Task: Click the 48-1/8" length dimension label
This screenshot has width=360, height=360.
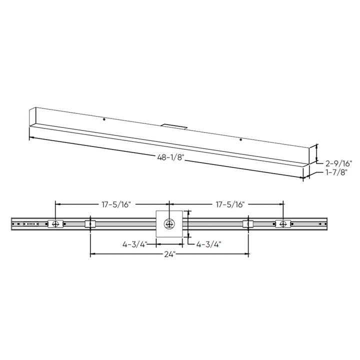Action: point(170,157)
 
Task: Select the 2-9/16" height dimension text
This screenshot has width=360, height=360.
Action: point(339,163)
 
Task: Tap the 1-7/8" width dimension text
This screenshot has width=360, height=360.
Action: point(336,172)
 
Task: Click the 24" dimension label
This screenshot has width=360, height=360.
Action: point(169,254)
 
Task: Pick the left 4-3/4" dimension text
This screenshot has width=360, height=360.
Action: point(134,244)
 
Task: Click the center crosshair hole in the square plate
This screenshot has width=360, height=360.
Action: point(169,223)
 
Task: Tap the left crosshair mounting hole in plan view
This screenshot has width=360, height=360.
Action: point(55,223)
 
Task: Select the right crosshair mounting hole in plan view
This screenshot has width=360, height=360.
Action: point(283,223)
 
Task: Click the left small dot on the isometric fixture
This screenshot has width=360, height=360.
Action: point(103,119)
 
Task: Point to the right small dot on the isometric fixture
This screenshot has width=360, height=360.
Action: point(240,139)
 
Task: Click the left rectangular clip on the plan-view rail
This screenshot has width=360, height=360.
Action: point(90,223)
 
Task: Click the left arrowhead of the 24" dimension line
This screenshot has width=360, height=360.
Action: point(92,254)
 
